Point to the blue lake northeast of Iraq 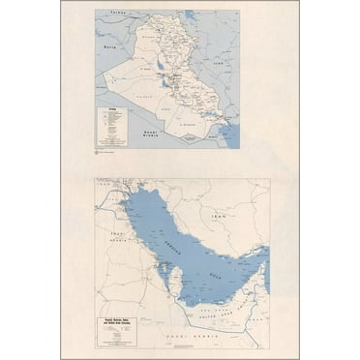[x=190, y=16]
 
